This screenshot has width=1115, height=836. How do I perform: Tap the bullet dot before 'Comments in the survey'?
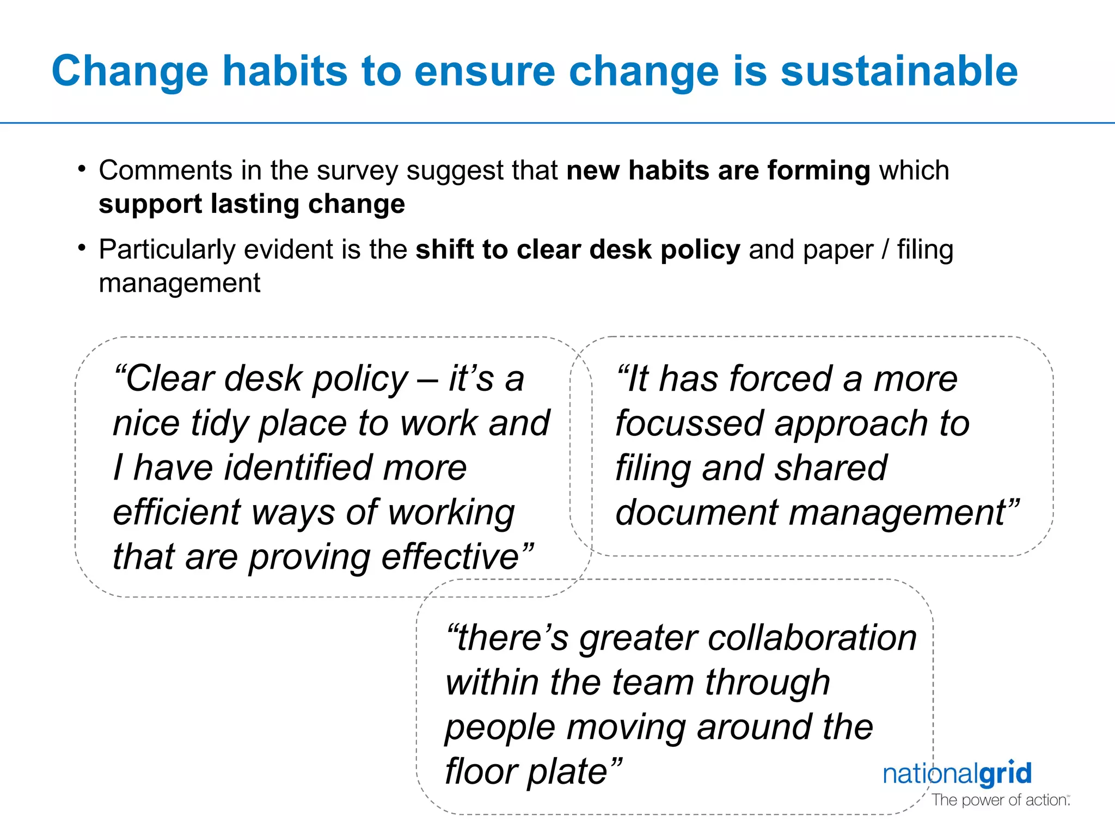pyautogui.click(x=82, y=169)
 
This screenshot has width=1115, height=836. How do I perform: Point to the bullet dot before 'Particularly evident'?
pyautogui.click(x=82, y=248)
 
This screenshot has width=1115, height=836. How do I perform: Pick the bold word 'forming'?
pyautogui.click(x=819, y=171)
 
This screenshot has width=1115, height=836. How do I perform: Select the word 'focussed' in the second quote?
pyautogui.click(x=690, y=423)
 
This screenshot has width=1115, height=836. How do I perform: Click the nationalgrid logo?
pyautogui.click(x=957, y=774)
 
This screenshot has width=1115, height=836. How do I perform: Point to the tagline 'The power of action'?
pyautogui.click(x=1000, y=800)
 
